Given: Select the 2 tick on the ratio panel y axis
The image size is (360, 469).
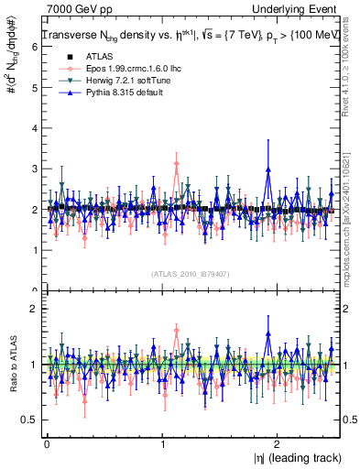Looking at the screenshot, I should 33,309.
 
